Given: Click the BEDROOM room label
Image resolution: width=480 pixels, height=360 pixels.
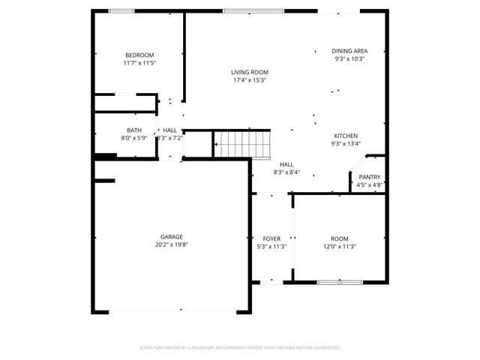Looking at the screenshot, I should [139, 55].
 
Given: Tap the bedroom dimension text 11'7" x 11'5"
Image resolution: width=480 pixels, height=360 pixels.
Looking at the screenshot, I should [139, 63].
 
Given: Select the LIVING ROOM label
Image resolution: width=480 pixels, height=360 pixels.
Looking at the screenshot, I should [250, 72].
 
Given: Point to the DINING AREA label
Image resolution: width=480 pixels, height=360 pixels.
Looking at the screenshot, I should [349, 50].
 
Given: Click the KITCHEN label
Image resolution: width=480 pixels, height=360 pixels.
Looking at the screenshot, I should [346, 136].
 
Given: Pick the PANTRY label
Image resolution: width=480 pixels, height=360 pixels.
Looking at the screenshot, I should [370, 177].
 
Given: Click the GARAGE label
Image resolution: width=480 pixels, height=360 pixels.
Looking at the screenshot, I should [171, 236].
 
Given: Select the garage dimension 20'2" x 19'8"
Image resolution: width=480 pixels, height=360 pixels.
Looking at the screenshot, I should [171, 244].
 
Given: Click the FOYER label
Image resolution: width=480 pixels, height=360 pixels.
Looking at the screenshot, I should [271, 238].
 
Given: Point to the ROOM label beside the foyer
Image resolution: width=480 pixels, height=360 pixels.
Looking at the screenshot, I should [340, 238].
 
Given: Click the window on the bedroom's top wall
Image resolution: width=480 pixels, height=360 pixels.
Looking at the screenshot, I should [121, 10].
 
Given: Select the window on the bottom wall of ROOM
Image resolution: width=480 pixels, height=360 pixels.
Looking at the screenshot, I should [340, 282].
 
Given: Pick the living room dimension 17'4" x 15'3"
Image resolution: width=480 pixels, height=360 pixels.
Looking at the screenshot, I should [250, 80].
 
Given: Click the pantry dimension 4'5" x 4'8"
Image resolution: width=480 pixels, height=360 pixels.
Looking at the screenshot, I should [370, 184].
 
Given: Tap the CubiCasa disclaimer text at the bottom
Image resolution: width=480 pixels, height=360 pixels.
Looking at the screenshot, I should [240, 347].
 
